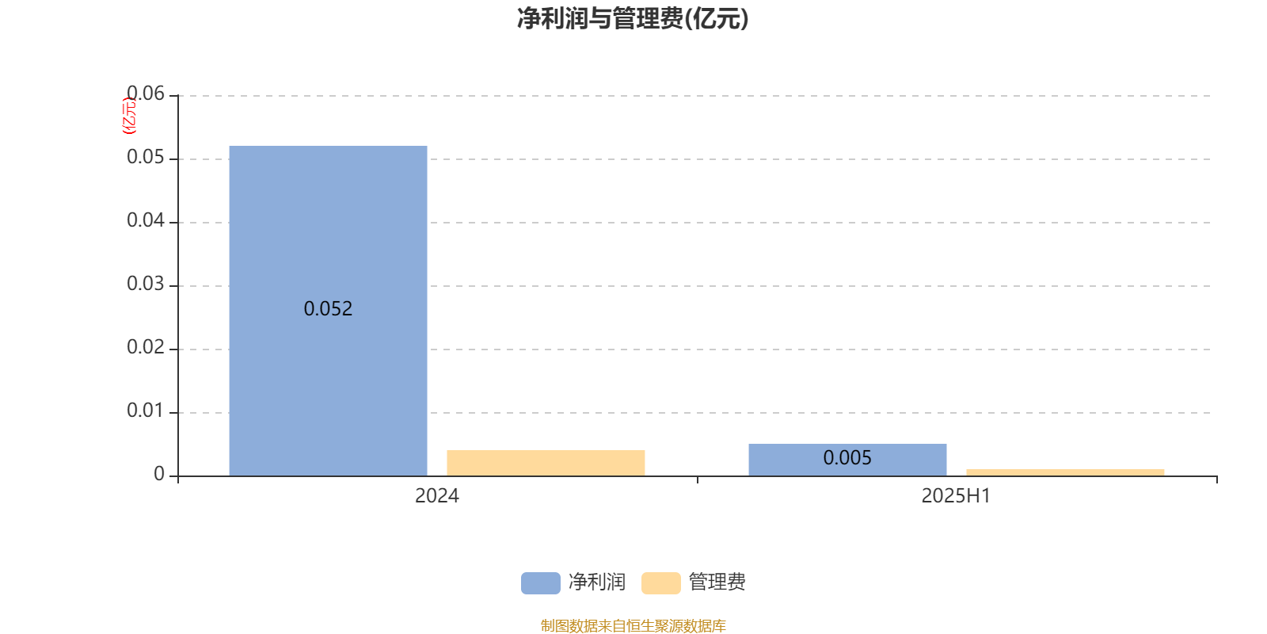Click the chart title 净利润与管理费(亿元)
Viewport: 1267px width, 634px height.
click(x=633, y=19)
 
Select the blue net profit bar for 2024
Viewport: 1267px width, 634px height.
click(x=328, y=311)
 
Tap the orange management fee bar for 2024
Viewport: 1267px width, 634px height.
click(x=546, y=463)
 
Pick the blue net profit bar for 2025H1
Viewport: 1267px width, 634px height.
click(x=847, y=460)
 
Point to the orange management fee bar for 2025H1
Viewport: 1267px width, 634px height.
click(x=1065, y=472)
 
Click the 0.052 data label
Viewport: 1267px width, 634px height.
click(x=328, y=308)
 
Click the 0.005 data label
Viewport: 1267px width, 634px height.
click(x=847, y=457)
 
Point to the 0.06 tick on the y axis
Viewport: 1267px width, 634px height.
click(x=146, y=94)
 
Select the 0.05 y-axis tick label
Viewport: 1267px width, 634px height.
click(x=146, y=157)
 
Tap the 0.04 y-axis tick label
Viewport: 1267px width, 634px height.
click(x=146, y=220)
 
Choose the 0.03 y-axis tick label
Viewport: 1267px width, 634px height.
click(x=146, y=284)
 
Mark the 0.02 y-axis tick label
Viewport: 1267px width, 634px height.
click(x=146, y=347)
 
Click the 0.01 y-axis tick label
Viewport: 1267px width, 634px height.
click(x=146, y=411)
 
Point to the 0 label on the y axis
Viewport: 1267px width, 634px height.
click(x=159, y=474)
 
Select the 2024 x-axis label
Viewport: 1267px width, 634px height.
click(x=436, y=496)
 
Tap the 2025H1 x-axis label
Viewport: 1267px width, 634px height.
click(x=956, y=496)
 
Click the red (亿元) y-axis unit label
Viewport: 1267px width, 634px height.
click(x=130, y=116)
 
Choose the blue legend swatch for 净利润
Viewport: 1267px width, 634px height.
click(x=541, y=583)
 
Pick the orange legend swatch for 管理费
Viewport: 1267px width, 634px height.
click(x=660, y=583)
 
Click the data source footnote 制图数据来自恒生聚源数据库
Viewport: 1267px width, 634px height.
click(x=633, y=625)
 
